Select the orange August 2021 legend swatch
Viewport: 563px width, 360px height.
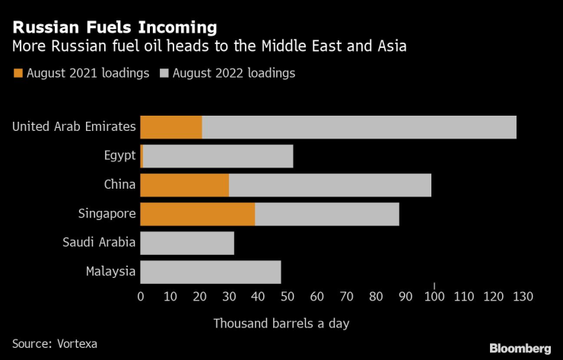coord(17,74)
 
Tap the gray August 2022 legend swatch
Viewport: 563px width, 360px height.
coord(164,74)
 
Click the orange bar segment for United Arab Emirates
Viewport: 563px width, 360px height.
coord(171,127)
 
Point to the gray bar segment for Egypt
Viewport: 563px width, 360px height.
coord(218,156)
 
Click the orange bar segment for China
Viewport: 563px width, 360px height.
coord(185,185)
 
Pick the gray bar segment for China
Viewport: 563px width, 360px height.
coord(330,185)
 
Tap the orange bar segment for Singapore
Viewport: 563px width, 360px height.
coord(198,214)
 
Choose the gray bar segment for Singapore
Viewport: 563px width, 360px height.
coord(327,214)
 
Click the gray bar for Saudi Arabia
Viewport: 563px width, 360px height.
coord(187,243)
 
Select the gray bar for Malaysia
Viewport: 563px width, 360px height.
coord(211,272)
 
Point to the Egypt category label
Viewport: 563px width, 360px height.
coord(120,156)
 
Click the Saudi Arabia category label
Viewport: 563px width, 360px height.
coord(100,243)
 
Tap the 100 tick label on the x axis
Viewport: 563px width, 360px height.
coord(434,295)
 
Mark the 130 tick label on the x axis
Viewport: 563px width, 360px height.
coord(523,295)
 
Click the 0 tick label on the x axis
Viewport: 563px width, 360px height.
coord(141,295)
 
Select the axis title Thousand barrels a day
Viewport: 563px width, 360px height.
coord(281,323)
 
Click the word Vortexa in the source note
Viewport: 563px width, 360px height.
coord(77,343)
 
